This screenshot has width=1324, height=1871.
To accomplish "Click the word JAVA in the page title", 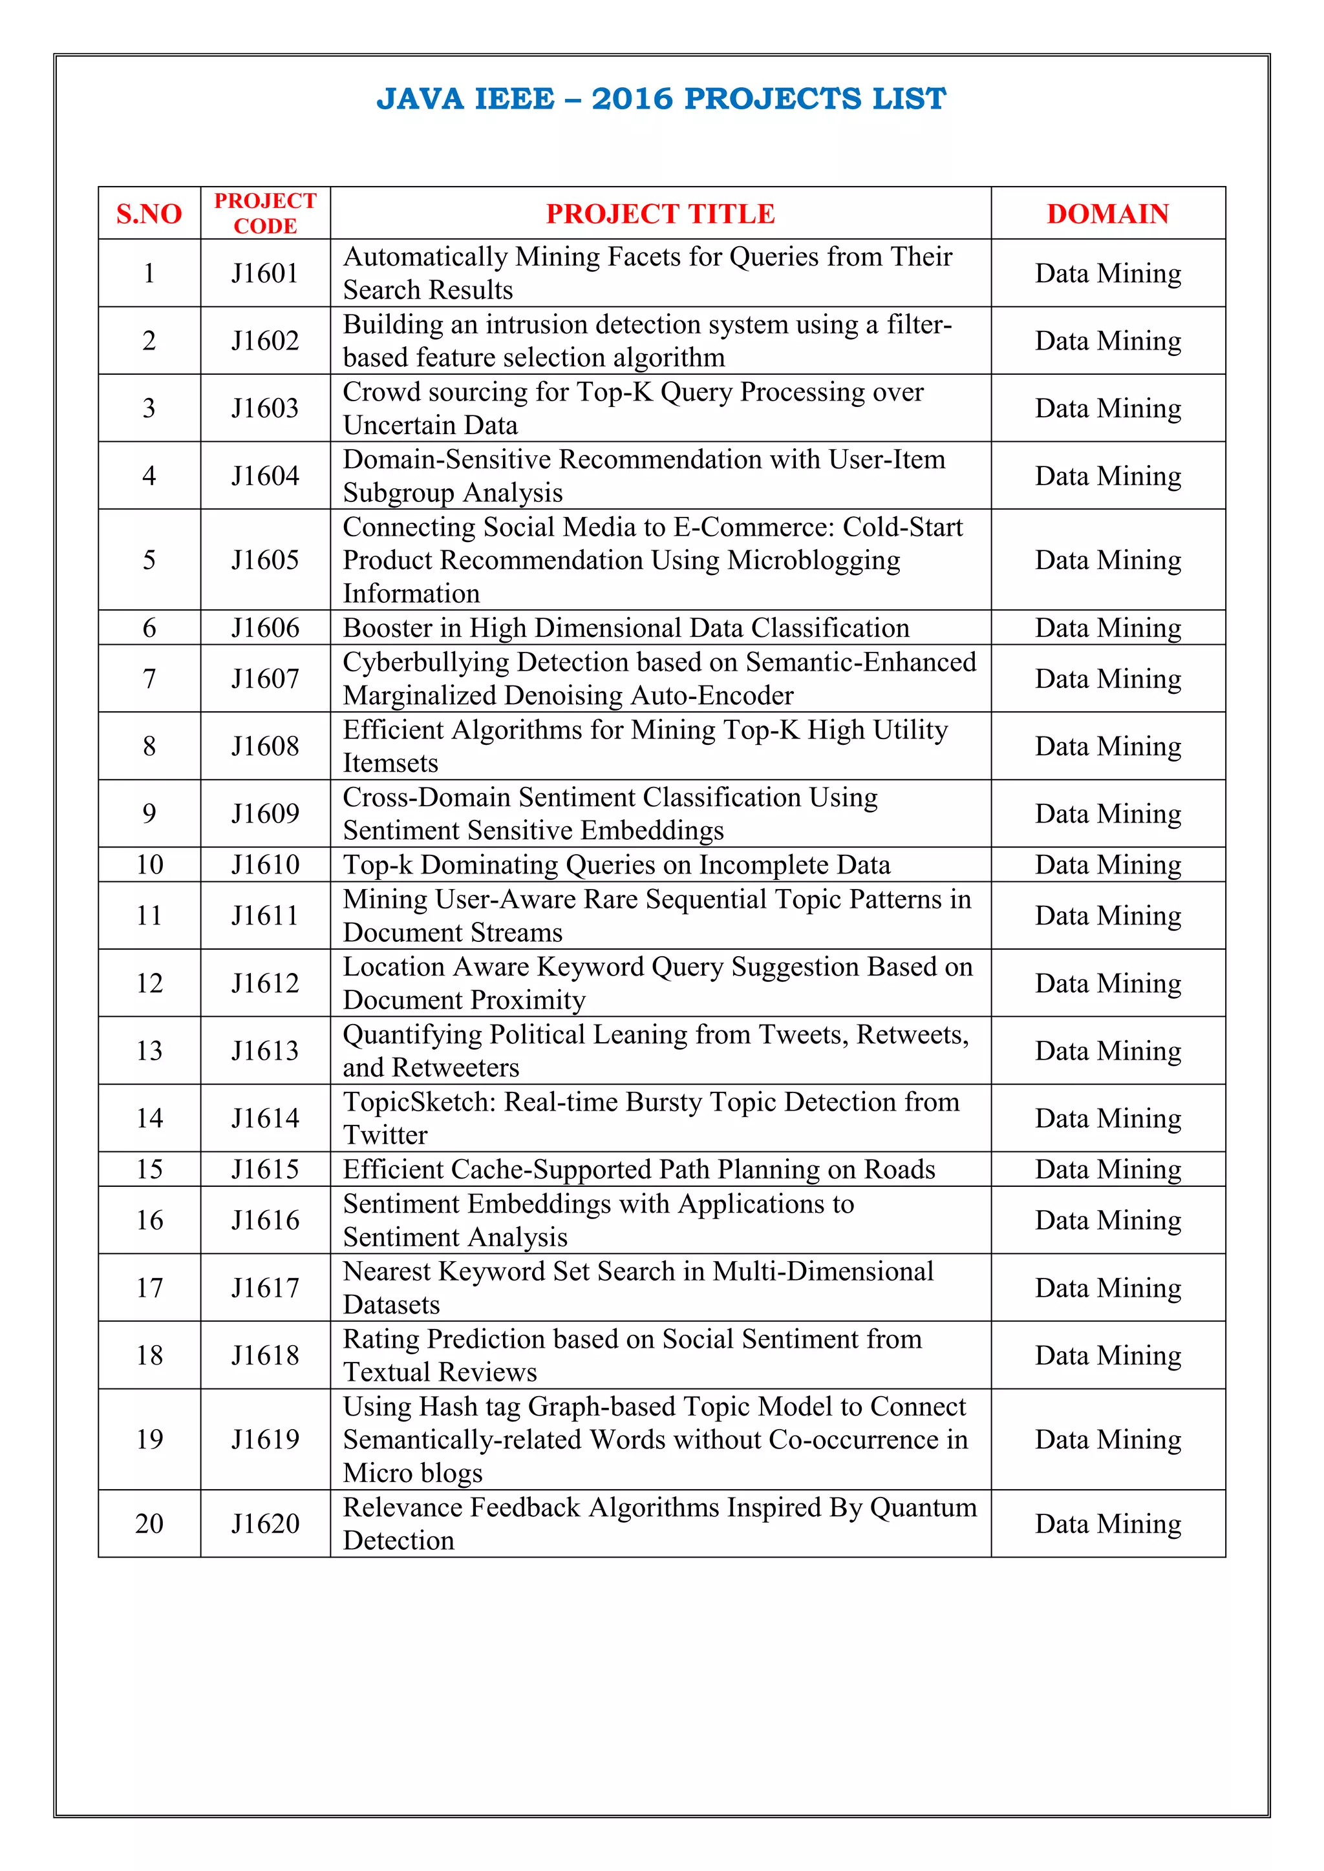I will [x=420, y=99].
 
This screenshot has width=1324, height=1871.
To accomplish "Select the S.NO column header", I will [x=149, y=213].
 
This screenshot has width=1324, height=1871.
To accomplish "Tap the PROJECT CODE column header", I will [x=265, y=213].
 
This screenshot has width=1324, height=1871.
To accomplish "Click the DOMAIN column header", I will [x=1107, y=213].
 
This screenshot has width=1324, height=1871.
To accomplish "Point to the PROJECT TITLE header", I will [x=660, y=213].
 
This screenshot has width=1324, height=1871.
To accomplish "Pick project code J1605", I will [x=265, y=560].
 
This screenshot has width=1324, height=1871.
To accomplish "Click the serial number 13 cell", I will [x=149, y=1050].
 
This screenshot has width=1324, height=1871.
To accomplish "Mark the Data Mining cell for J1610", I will [x=1107, y=864].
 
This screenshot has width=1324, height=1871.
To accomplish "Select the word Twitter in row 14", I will [x=385, y=1135].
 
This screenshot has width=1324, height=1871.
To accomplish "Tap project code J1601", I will [x=265, y=273].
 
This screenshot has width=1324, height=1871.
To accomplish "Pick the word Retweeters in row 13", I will [x=455, y=1067].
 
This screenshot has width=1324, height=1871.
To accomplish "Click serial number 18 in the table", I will [x=149, y=1355].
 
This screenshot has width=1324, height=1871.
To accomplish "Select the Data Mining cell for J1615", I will [x=1107, y=1169].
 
